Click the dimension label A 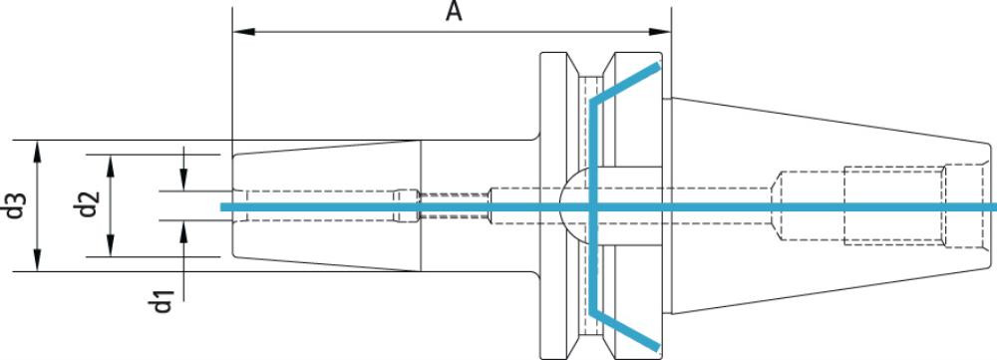coord(454,11)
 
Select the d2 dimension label coord(89,204)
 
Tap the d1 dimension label coord(164,301)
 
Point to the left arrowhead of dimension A coord(244,31)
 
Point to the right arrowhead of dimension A coord(659,31)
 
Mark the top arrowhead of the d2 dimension coord(111,166)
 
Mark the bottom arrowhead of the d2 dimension coord(111,245)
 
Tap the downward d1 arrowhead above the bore coord(183,179)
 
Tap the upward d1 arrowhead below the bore coord(183,232)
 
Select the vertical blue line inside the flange coord(593,206)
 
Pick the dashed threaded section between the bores coord(454,205)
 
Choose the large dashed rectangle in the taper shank coord(894,205)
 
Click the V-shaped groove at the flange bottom coord(591,347)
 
